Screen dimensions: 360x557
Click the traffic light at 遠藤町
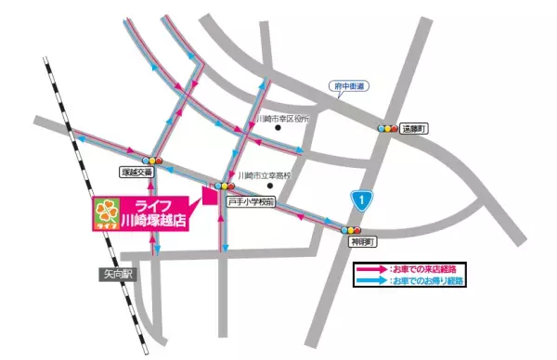(x=387, y=128)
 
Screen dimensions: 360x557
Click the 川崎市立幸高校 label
(x=265, y=175)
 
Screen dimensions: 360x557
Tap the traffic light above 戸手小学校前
(x=227, y=186)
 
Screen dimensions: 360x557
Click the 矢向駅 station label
(x=118, y=273)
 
